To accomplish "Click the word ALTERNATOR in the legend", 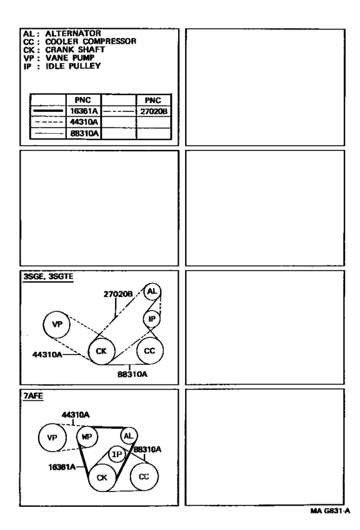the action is (x=73, y=33).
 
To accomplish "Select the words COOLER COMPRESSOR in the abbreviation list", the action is (x=91, y=42).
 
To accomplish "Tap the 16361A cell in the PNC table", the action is (x=84, y=111).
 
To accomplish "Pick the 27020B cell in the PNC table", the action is (x=154, y=111).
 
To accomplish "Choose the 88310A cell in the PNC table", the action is (x=84, y=134).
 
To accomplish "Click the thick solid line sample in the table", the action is (x=48, y=111).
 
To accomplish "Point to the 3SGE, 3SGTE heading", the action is (x=48, y=277).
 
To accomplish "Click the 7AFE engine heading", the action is (x=33, y=396).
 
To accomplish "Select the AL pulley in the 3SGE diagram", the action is (x=152, y=291).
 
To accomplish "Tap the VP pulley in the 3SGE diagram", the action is (x=57, y=324).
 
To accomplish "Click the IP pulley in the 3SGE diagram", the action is (x=152, y=319).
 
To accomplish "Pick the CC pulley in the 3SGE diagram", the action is (x=150, y=351).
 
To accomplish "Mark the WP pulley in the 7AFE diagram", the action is (x=87, y=437).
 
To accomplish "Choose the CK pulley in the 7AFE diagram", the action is (x=102, y=478).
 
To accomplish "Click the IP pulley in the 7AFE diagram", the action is (x=117, y=454).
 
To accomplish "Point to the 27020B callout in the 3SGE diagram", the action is (x=118, y=295).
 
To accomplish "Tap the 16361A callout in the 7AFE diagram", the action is (x=62, y=467).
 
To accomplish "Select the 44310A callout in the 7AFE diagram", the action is (x=75, y=415).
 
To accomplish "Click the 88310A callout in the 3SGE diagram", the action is (x=132, y=374).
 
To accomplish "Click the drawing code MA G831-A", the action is (x=330, y=511).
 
